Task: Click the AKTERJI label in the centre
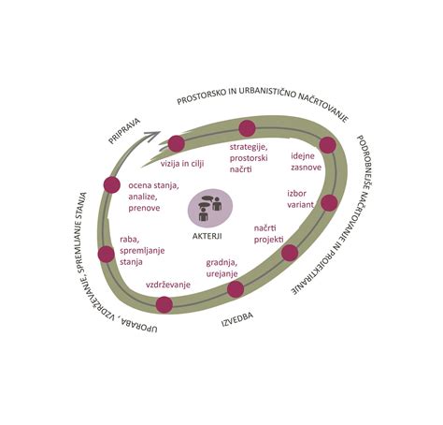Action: coord(207,236)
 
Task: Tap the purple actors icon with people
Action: coord(210,208)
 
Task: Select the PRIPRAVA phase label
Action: coord(124,131)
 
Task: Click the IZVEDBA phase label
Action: coord(237,319)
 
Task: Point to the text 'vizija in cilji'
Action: coord(182,164)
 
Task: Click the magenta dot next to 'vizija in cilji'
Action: coord(177,144)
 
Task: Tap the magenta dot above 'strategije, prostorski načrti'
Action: coord(247,128)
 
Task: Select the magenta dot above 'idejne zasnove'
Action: coord(328,145)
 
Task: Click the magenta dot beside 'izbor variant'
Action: coord(329,203)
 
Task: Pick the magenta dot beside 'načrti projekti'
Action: coord(290,253)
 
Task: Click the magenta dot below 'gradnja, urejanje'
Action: coord(236,289)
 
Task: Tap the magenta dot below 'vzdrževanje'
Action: coord(164,305)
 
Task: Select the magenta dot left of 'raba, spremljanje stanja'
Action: coord(107,255)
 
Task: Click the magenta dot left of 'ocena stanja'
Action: coord(112,184)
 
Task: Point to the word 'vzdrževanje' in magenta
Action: coord(168,285)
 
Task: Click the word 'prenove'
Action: coord(144,208)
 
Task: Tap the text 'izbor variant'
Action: coord(300,199)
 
